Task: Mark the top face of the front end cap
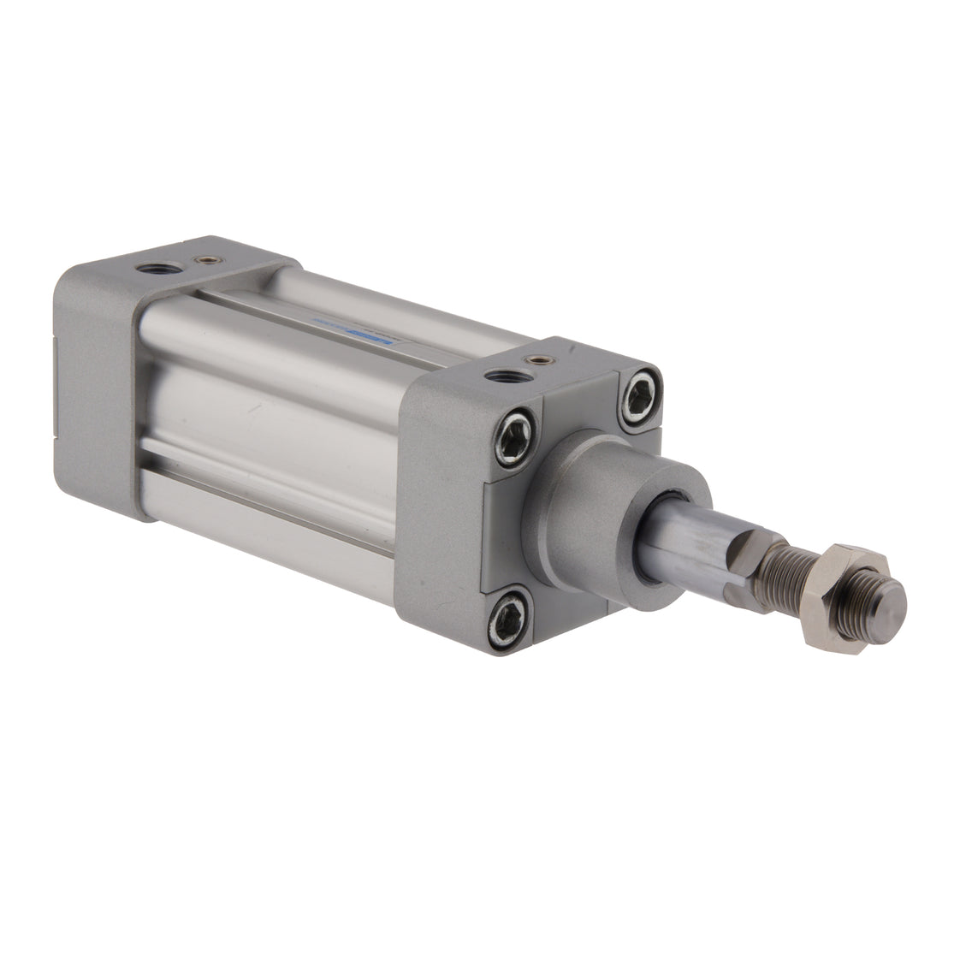(x=513, y=364)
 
